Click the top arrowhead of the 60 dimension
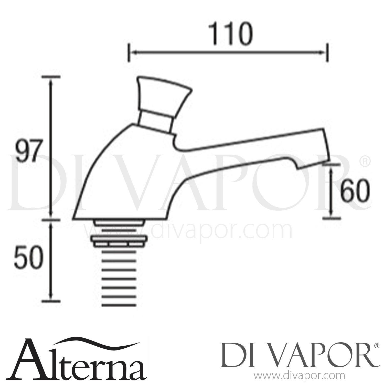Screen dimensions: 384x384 point(331,168)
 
